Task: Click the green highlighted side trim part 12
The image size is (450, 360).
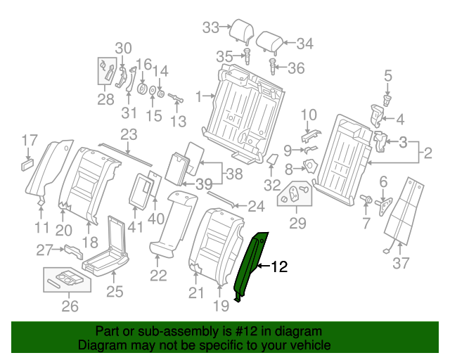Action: [x=251, y=266]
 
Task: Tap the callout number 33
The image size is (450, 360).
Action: [x=211, y=27]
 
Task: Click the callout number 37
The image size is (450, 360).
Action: [x=400, y=263]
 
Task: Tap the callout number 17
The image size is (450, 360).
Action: [x=28, y=139]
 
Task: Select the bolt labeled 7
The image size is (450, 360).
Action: [x=366, y=200]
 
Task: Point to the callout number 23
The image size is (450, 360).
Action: [x=129, y=134]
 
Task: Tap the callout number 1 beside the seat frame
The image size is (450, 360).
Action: [x=199, y=95]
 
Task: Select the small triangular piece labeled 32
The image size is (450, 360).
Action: [x=270, y=160]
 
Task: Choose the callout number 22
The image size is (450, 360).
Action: [x=159, y=276]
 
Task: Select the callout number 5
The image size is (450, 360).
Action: [x=387, y=75]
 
